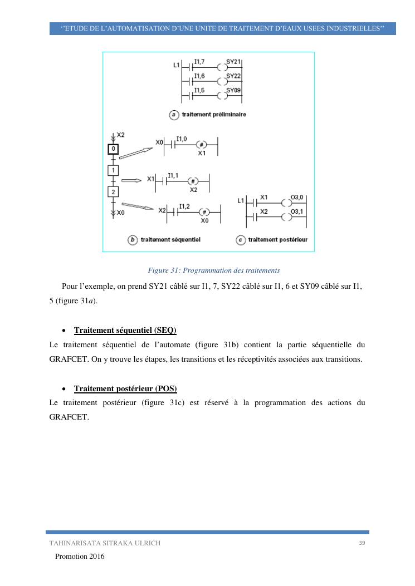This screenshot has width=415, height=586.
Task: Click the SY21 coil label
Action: coord(233,62)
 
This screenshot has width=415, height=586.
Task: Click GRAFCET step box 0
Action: coord(113,149)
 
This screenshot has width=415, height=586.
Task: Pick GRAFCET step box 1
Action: coord(113,170)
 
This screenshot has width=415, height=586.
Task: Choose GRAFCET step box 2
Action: coord(113,192)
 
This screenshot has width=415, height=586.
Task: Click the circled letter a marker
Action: coord(174,115)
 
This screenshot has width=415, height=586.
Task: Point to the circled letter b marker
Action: coord(133,240)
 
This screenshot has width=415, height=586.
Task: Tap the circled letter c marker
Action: coord(241,240)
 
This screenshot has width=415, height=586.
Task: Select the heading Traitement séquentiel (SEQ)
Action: coord(125,330)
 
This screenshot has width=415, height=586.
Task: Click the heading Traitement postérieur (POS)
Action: coord(126,387)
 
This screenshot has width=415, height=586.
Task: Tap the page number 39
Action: coord(362,543)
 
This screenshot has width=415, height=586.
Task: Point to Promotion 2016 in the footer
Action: coord(79,557)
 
